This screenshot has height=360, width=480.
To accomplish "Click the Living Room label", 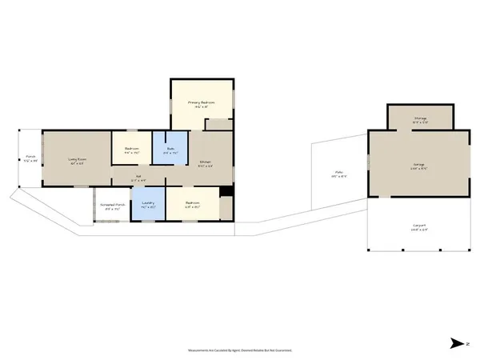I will click(x=78, y=159).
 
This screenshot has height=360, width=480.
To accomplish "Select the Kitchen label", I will click(x=206, y=162).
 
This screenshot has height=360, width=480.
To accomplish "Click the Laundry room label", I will click(x=147, y=203).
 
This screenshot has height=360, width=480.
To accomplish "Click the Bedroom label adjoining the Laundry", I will click(x=192, y=203).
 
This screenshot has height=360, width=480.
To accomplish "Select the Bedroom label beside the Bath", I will click(x=132, y=148).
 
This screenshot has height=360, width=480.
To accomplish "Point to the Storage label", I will click(x=420, y=118).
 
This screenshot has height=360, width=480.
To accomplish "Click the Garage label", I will click(x=418, y=165).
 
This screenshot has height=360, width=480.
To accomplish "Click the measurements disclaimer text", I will click(x=240, y=350).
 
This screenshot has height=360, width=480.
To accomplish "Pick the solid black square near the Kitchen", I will click(x=226, y=192).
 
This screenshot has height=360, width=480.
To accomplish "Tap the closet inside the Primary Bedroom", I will click(x=217, y=125).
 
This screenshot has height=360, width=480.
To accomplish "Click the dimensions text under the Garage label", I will click(x=418, y=169).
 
